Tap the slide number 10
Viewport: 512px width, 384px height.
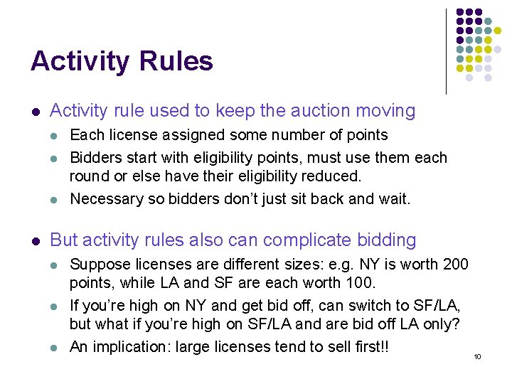[477, 356]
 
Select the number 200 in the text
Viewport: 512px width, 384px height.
[456, 265]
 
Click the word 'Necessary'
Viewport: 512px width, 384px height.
[105, 198]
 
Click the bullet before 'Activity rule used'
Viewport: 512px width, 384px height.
[35, 112]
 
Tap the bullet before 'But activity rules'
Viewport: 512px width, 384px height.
[35, 241]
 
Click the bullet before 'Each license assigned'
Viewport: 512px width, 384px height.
[55, 135]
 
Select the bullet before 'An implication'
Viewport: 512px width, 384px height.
[55, 348]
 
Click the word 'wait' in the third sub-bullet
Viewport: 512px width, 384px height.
[394, 198]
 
